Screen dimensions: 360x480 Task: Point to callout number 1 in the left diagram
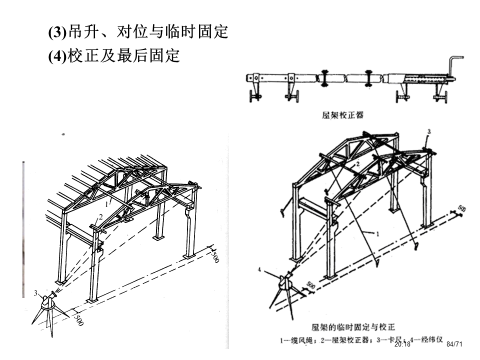[x=106, y=204]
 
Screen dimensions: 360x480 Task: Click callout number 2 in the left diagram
[x=100, y=216]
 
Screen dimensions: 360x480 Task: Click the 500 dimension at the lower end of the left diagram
[x=78, y=319]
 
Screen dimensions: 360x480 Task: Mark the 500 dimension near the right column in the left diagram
[x=215, y=257]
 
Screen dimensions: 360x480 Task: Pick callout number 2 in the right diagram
[x=358, y=163]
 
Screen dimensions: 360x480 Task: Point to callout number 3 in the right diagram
[x=428, y=131]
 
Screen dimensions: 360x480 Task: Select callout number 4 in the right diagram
[x=259, y=270]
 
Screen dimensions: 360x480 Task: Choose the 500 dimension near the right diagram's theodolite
[x=310, y=286]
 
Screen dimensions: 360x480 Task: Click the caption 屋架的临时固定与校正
[x=353, y=327]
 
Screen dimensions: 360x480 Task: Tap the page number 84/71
[x=454, y=344]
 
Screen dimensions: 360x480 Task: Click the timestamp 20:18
[x=402, y=344]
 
